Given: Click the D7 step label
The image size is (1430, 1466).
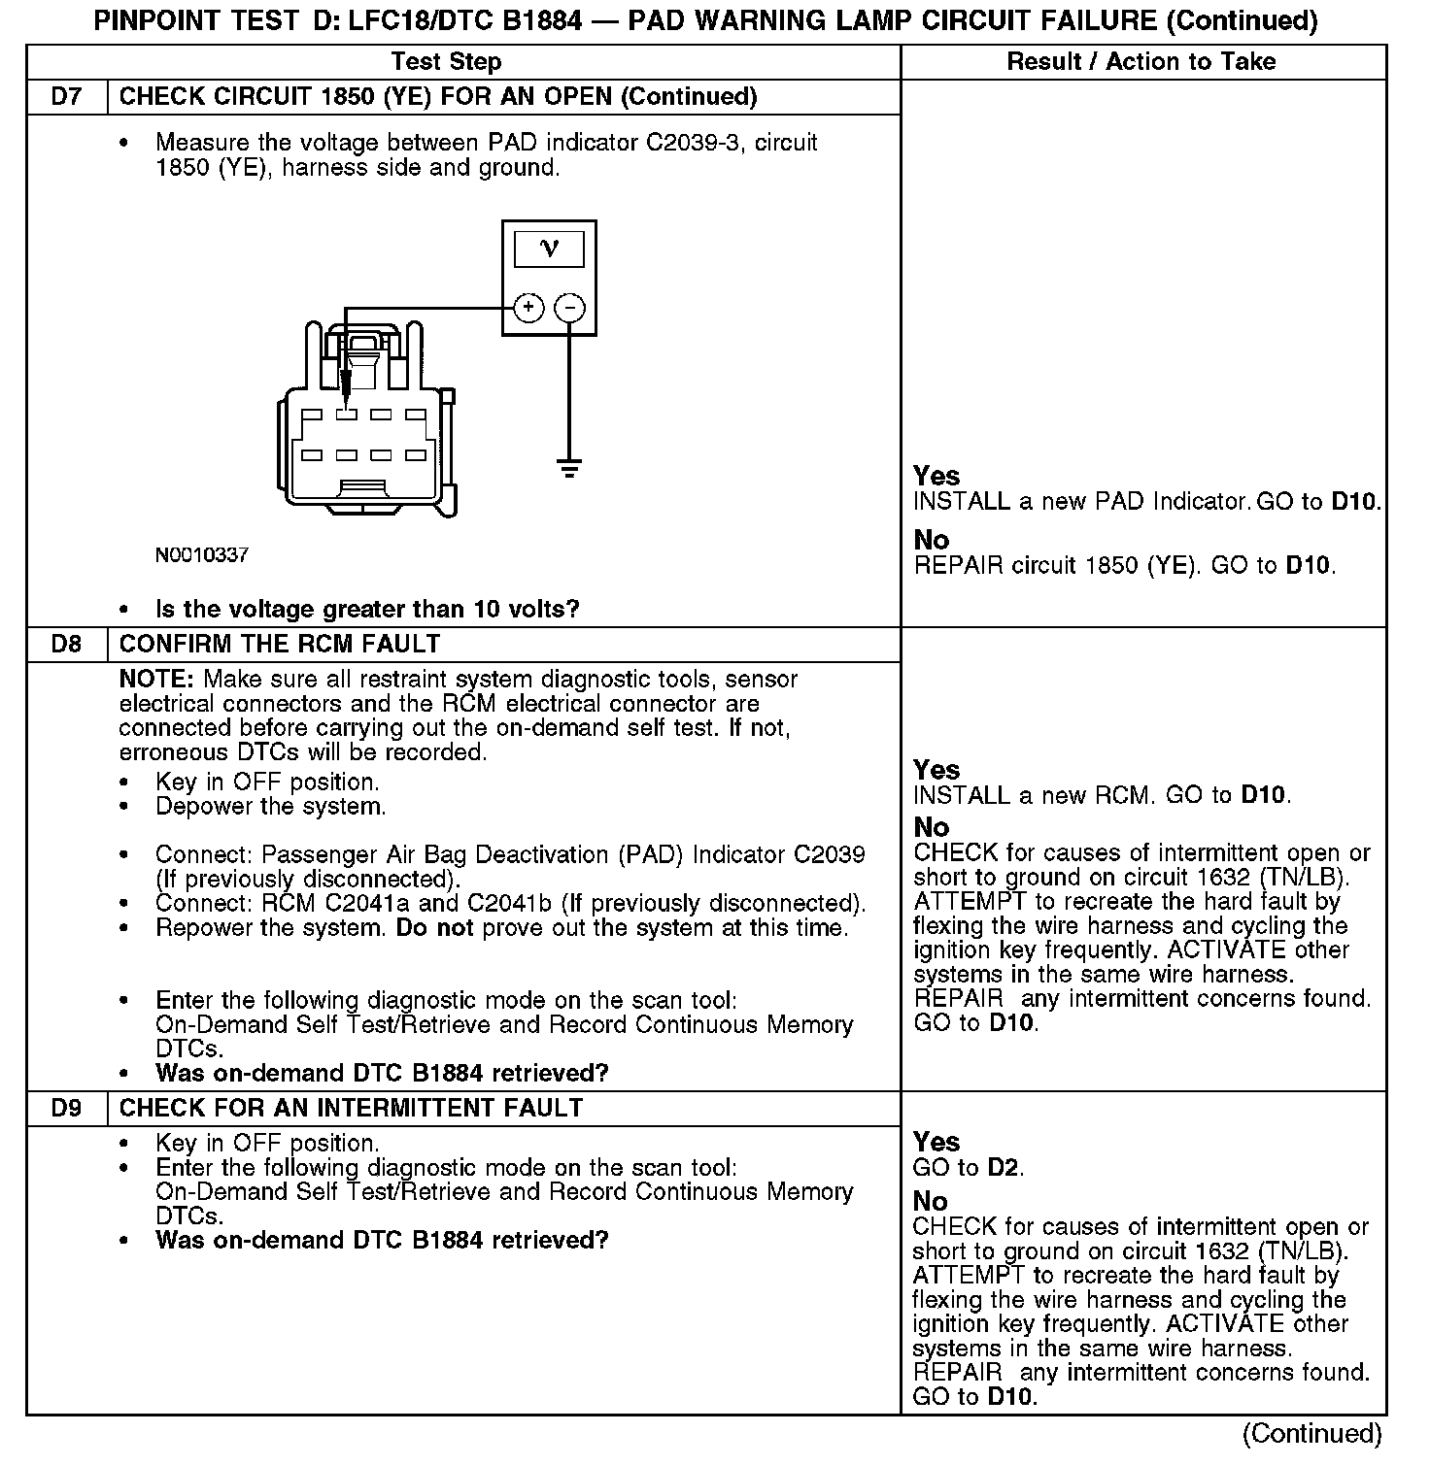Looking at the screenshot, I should click(66, 97).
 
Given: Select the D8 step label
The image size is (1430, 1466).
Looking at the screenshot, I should click(66, 645).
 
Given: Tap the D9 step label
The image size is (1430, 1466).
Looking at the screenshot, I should click(66, 1109).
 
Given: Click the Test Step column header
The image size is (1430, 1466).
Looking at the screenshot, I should click(446, 62).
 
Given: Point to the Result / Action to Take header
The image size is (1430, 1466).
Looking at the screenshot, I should click(1141, 62).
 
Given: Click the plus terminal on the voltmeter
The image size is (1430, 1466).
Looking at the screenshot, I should click(528, 308).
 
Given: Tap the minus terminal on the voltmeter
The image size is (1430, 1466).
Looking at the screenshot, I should click(569, 308).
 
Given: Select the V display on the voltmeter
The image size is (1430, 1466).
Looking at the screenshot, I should click(549, 250).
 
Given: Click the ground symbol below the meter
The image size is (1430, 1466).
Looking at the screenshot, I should click(569, 469).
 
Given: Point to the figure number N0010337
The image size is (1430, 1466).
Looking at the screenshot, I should click(202, 555).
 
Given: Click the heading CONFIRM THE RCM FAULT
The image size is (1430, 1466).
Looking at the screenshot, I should click(280, 645).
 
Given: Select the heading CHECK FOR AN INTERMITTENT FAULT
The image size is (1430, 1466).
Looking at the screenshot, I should click(351, 1109).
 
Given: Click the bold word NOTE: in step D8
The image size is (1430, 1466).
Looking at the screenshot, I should click(157, 680).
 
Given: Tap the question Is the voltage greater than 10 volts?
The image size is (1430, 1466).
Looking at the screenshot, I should click(367, 610).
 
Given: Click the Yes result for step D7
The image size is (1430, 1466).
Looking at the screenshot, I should click(936, 477).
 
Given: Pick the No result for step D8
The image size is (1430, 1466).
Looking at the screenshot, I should click(932, 827).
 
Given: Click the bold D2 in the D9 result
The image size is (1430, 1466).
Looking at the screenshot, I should click(1004, 1168).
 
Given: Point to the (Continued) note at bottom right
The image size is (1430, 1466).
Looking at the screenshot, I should click(1311, 1434).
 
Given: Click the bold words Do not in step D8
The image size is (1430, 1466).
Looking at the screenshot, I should click(434, 928).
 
